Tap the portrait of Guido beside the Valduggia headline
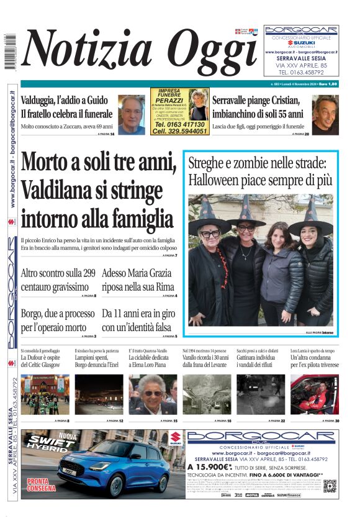(x=132, y=115)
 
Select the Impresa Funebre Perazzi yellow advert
(x=179, y=112)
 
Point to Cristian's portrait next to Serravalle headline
(x=325, y=114)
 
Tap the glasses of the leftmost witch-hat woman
(x=210, y=234)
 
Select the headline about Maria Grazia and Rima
(x=139, y=280)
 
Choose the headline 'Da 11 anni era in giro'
(x=139, y=319)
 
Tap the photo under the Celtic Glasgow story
(x=45, y=394)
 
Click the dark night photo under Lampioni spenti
(x=99, y=394)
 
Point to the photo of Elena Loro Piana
(x=153, y=394)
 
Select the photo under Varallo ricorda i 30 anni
(x=207, y=394)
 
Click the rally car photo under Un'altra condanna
(x=315, y=394)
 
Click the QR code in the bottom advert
(x=329, y=485)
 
